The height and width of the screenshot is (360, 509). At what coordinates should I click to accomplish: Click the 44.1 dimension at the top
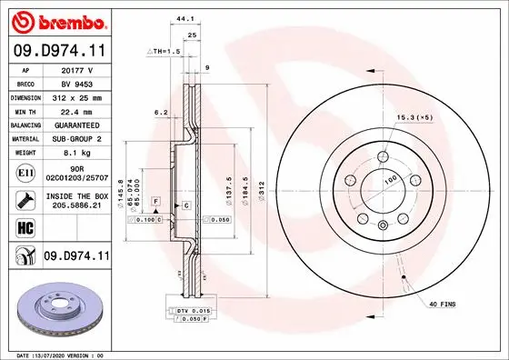[x=185, y=18]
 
